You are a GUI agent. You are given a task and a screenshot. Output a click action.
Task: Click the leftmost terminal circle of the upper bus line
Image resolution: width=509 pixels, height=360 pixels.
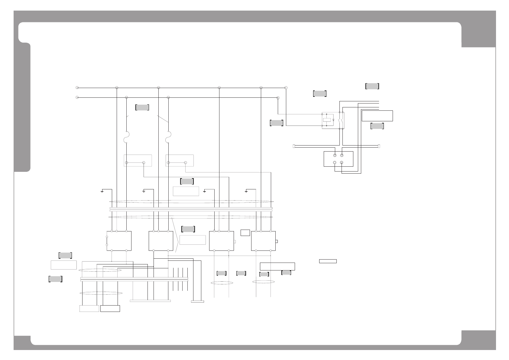pyautogui.click(x=77, y=88)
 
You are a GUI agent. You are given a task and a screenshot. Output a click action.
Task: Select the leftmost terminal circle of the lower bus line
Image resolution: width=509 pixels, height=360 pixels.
pyautogui.click(x=77, y=97)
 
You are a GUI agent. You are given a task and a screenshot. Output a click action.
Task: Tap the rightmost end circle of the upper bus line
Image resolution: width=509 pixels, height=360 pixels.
pyautogui.click(x=286, y=88)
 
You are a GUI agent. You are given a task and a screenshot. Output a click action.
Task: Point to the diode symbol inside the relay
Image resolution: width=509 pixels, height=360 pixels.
pyautogui.click(x=333, y=120)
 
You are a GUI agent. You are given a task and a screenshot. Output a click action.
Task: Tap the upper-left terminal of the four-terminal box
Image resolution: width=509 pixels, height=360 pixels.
pyautogui.click(x=335, y=155)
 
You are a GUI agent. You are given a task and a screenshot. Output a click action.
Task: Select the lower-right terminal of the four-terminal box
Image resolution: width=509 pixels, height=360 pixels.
pyautogui.click(x=342, y=162)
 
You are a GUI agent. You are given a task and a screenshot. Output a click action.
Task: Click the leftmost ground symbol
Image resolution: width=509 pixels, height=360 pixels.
pyautogui.click(x=102, y=191)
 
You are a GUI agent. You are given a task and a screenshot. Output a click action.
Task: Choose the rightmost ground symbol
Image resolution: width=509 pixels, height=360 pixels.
pyautogui.click(x=246, y=191)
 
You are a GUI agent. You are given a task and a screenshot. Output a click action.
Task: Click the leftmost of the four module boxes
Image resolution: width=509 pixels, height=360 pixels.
pyautogui.click(x=119, y=241)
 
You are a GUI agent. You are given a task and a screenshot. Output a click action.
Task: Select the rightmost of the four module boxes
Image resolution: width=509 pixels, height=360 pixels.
pyautogui.click(x=263, y=241)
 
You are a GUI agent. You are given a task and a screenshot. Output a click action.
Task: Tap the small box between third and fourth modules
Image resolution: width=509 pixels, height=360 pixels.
pyautogui.click(x=245, y=233)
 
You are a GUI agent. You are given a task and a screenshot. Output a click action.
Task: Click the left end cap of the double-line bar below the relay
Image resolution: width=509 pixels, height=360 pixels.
pyautogui.click(x=294, y=146)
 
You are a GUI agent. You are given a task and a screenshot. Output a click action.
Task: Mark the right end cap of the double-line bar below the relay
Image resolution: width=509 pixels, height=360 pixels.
pyautogui.click(x=379, y=146)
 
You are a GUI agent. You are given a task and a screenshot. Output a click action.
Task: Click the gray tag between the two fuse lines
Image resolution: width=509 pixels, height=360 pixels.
pyautogui.click(x=142, y=107)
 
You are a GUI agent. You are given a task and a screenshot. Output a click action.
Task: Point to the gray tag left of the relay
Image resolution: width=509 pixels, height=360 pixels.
pyautogui.click(x=276, y=123)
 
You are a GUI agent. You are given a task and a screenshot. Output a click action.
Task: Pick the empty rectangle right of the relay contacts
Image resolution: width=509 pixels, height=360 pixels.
pyautogui.click(x=377, y=116)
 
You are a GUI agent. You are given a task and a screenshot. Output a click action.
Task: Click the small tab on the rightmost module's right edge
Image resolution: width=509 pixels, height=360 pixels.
pyautogui.click(x=277, y=241)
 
